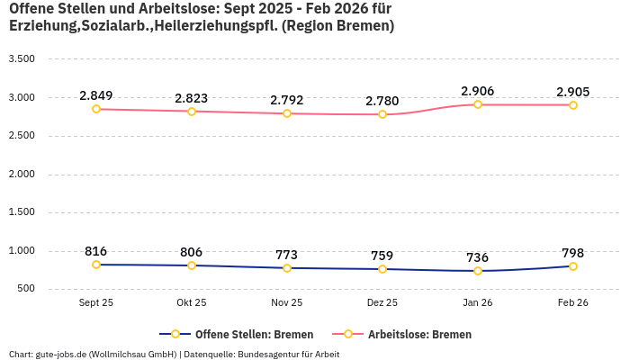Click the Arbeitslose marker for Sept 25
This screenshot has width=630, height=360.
(96, 109)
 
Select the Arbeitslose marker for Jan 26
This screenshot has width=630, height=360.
(478, 104)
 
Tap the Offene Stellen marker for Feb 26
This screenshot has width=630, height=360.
(573, 266)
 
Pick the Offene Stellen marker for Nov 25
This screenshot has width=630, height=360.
(287, 268)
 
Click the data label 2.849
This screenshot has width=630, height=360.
(96, 95)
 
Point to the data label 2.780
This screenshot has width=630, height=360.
(382, 101)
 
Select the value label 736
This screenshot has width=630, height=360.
(478, 257)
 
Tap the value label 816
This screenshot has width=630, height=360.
(96, 251)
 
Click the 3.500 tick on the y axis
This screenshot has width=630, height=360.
(21, 59)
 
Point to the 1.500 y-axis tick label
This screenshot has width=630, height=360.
(21, 212)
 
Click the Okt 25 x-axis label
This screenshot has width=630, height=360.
(192, 303)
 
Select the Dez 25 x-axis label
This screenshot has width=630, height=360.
(382, 303)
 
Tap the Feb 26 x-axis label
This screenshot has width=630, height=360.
(573, 303)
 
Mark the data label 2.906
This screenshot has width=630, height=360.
(478, 91)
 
